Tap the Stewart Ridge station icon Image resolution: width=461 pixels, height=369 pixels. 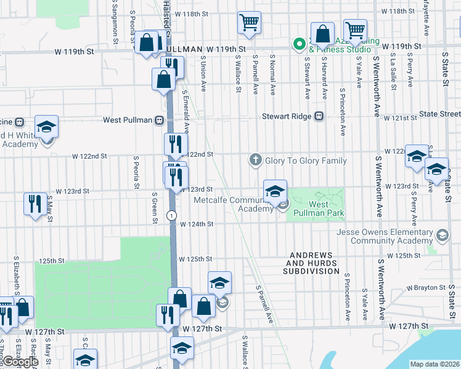pyautogui.click(x=319, y=116)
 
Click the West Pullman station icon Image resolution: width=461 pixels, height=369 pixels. pyautogui.click(x=159, y=120)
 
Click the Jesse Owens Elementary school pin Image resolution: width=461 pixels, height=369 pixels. pyautogui.click(x=442, y=236)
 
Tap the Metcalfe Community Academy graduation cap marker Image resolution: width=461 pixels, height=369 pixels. pyautogui.click(x=275, y=190)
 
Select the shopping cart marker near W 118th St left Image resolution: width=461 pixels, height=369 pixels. pyautogui.click(x=249, y=23)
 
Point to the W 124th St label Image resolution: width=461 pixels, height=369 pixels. pyautogui.click(x=196, y=224)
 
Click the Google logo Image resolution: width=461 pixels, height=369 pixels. pyautogui.click(x=20, y=362)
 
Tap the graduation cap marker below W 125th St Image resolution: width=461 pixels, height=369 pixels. pyautogui.click(x=219, y=283)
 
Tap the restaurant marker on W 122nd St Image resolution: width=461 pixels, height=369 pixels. pyautogui.click(x=175, y=144)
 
